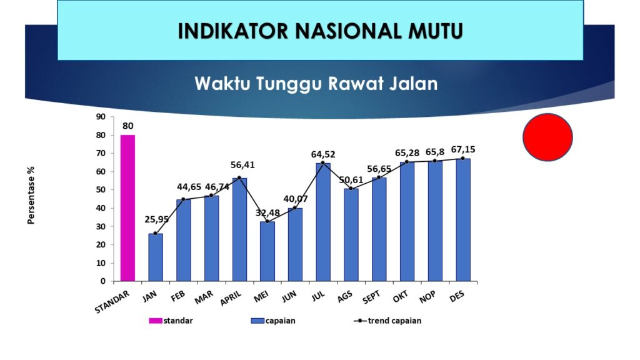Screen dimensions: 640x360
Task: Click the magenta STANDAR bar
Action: (x=127, y=208)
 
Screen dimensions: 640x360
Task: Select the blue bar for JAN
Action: (x=156, y=257)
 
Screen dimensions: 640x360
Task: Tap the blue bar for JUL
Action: (x=323, y=222)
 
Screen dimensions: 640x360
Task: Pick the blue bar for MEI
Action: (x=267, y=251)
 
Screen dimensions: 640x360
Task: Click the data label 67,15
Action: (x=463, y=149)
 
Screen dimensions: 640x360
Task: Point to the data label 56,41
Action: (x=242, y=165)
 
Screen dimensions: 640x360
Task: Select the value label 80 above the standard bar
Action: (x=127, y=126)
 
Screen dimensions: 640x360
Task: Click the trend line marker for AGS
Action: (x=351, y=189)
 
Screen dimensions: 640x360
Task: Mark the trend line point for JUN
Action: (x=295, y=207)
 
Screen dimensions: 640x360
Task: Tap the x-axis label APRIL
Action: (x=231, y=298)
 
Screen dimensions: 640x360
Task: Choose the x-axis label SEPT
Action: (x=371, y=297)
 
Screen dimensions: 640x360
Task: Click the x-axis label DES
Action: (x=457, y=296)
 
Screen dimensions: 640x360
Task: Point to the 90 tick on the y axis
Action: (x=101, y=117)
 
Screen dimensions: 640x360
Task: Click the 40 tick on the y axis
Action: (x=101, y=208)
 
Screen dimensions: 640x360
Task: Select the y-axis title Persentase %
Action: (x=31, y=195)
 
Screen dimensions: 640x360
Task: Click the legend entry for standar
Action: (x=171, y=321)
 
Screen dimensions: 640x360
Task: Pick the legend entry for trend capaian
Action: (x=387, y=321)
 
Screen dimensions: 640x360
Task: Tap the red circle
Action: (x=547, y=137)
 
